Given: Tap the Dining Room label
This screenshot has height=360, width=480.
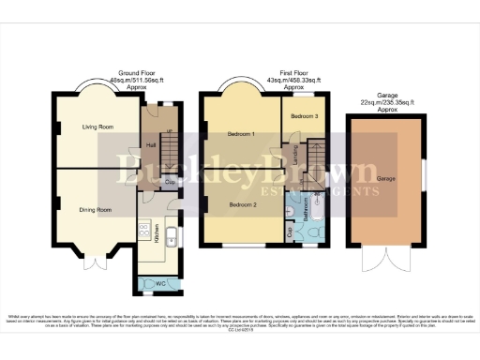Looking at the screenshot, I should [x=96, y=210].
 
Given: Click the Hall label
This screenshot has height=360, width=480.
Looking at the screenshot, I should [x=151, y=145].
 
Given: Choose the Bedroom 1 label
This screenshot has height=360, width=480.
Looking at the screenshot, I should [x=242, y=134].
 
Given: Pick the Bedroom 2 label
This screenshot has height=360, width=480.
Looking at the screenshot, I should [x=242, y=203].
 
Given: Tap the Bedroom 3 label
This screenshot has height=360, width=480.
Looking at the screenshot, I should [x=303, y=116].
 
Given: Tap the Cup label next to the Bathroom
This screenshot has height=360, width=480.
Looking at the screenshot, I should [x=287, y=227].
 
